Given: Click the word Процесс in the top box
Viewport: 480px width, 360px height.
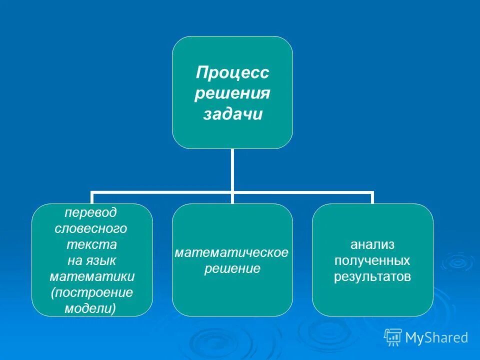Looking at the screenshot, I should (x=232, y=73).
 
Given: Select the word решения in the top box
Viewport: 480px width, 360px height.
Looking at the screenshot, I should (x=232, y=93).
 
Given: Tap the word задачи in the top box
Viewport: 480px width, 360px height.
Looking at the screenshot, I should (x=232, y=114).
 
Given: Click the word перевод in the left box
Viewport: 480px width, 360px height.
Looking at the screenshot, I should (x=91, y=212).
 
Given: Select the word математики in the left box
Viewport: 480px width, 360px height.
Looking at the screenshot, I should (x=92, y=276).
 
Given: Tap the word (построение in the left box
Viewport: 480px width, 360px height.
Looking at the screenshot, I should (x=92, y=292).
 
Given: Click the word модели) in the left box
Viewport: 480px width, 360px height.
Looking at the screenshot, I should (x=90, y=308).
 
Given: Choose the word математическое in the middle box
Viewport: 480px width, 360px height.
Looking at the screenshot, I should (x=231, y=252).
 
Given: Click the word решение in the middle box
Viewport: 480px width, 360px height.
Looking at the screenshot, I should (x=232, y=269).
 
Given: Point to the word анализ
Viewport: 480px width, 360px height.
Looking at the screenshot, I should (x=372, y=244).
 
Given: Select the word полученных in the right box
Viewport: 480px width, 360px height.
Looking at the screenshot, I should (x=372, y=260).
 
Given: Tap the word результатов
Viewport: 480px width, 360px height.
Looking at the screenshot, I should (x=372, y=276).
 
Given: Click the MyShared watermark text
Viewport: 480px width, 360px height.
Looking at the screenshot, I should (x=436, y=338).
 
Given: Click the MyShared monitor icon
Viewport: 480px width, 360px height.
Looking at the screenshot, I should (x=393, y=338).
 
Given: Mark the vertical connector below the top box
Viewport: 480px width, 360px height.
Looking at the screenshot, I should (x=232, y=170).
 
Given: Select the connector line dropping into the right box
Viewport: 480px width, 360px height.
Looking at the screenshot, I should (x=372, y=198).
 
